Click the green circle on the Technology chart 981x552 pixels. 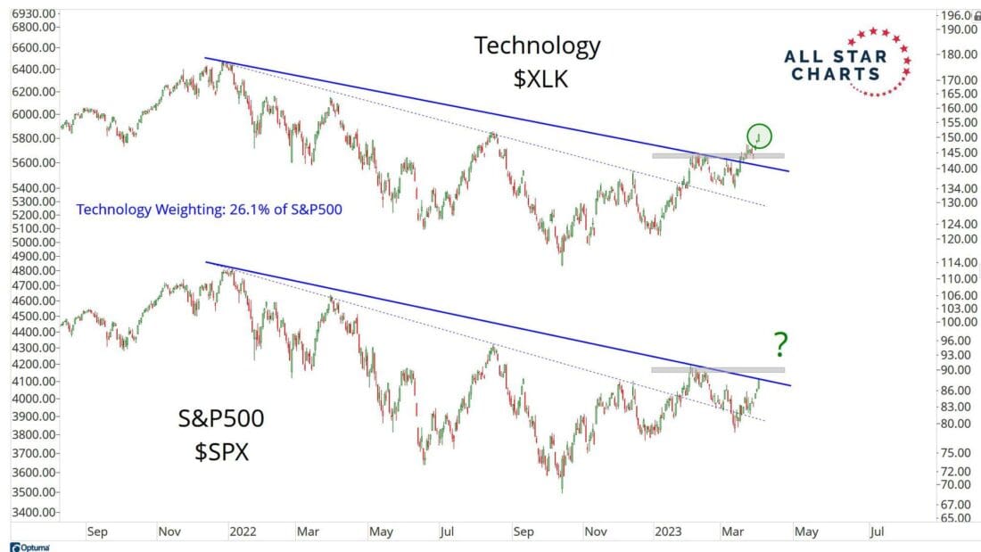coord(760,136)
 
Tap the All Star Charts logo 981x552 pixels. coord(847,62)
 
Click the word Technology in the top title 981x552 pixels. coord(537,45)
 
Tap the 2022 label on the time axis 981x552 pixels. coord(243,532)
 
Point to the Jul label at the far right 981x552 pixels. coord(877,532)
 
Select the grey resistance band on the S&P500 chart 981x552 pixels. coord(717,369)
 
